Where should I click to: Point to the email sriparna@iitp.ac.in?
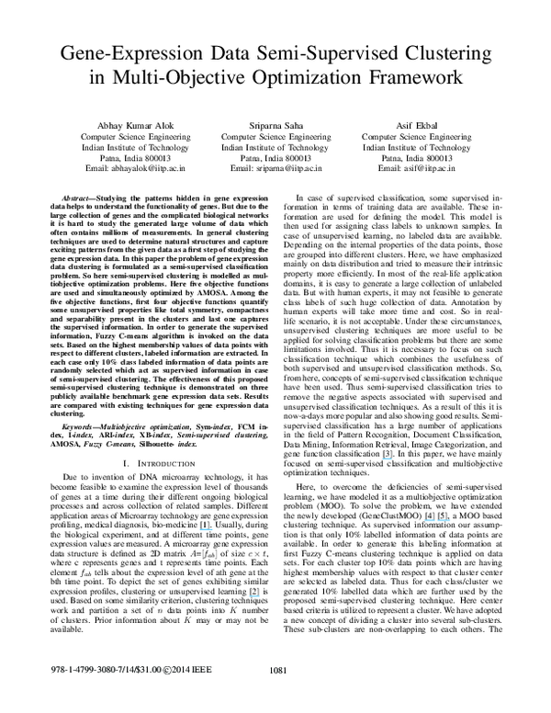(x=275, y=170)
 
